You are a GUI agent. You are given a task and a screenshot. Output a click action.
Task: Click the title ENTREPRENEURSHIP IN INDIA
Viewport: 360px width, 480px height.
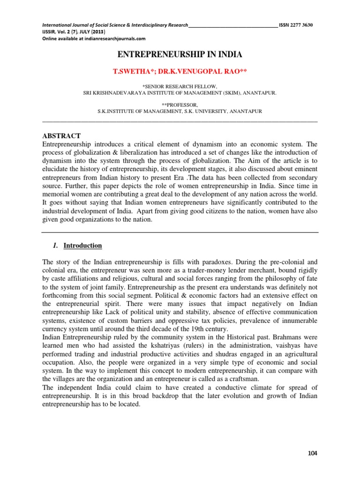tap(180, 55)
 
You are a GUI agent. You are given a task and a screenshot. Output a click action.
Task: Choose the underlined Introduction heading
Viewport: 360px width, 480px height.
tap(82, 246)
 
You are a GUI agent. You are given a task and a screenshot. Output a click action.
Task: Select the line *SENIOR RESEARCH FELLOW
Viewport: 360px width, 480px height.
tap(180, 87)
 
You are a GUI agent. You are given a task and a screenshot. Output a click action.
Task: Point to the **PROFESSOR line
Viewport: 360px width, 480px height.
tap(180, 105)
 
